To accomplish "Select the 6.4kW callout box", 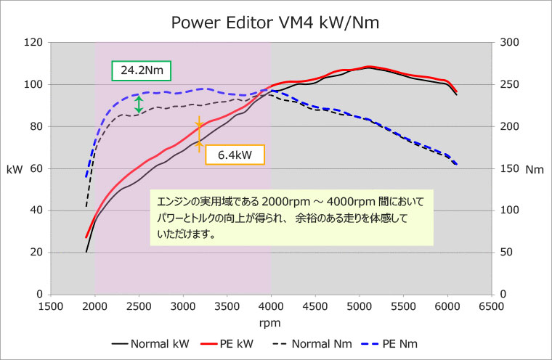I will click(x=235, y=154).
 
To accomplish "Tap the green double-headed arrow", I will click(x=139, y=104).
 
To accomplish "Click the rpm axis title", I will click(x=270, y=322).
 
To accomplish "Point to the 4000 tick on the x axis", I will click(x=271, y=306).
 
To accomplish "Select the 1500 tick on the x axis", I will click(x=51, y=306).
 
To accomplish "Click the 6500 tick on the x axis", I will click(x=491, y=306).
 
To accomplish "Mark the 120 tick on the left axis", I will click(x=33, y=43).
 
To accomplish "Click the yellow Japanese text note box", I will click(x=291, y=216).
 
